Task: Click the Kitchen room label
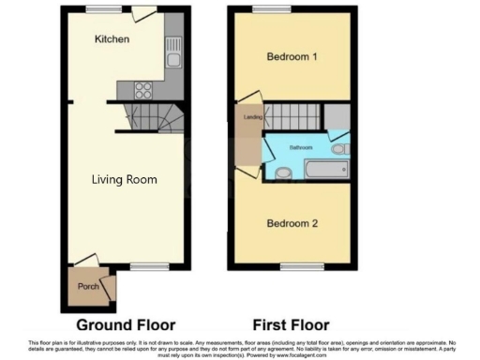(x=112, y=39)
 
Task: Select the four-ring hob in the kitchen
(x=145, y=90)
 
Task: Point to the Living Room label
(x=124, y=178)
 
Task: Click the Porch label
(x=88, y=287)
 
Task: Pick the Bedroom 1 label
(x=292, y=57)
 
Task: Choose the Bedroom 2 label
(x=292, y=223)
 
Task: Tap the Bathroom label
(x=301, y=148)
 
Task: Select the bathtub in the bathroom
(x=324, y=171)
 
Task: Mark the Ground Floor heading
(x=126, y=325)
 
